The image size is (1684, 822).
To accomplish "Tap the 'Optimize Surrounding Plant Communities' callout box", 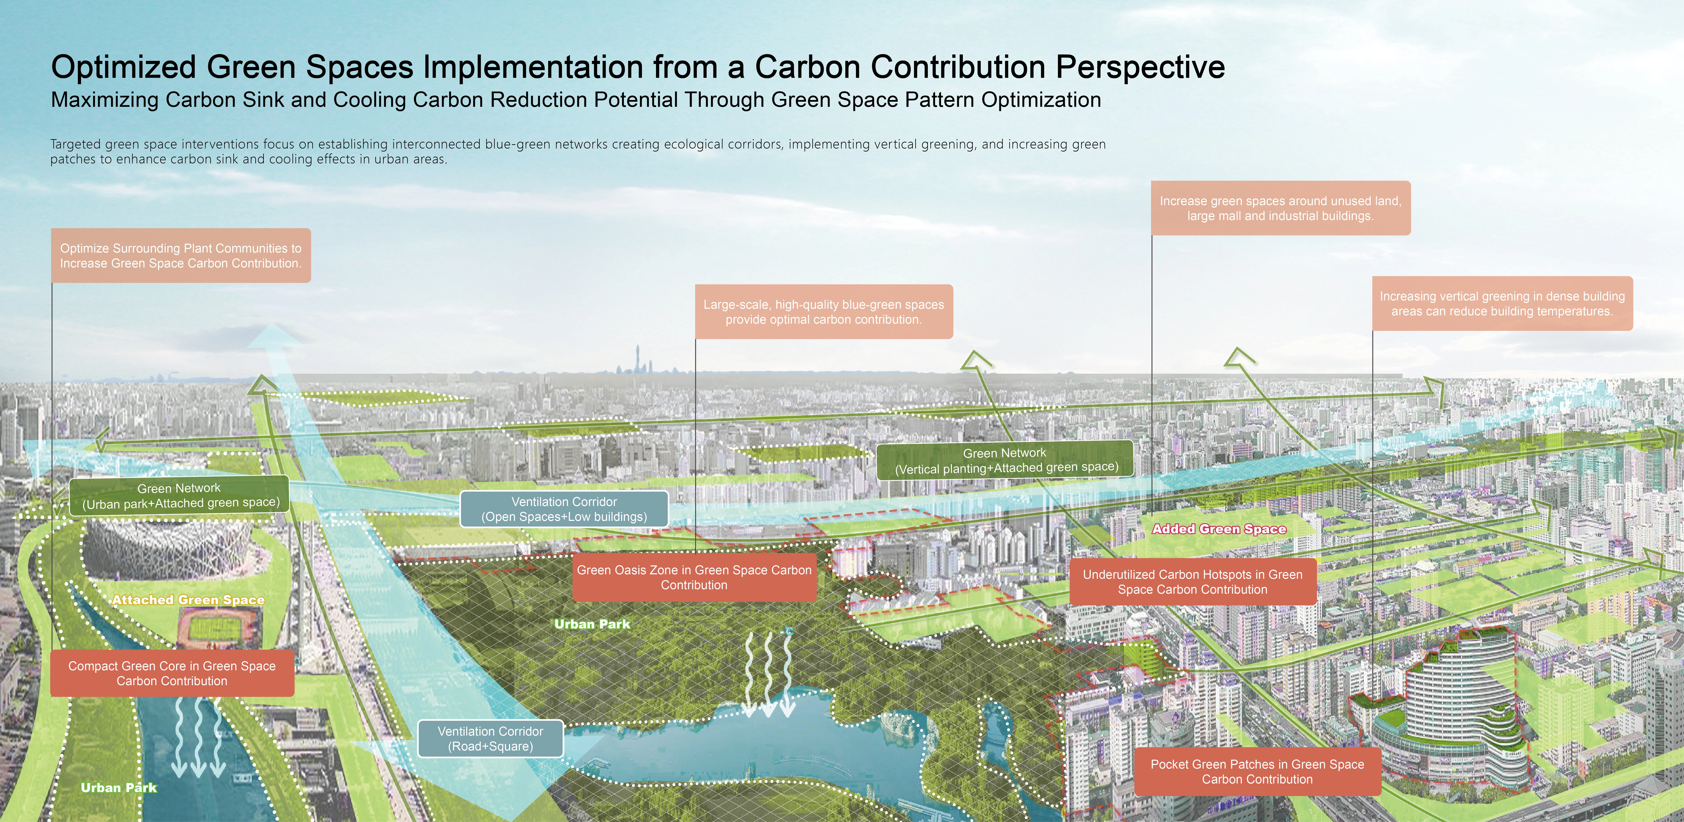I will pyautogui.click(x=180, y=256).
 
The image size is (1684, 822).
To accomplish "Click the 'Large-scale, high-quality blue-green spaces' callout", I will pyautogui.click(x=824, y=312).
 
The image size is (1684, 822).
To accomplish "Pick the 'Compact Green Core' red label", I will pyautogui.click(x=172, y=673).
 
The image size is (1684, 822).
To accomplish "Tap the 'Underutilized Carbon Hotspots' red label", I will pyautogui.click(x=1192, y=581).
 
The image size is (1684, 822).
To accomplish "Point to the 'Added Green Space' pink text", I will pyautogui.click(x=1219, y=529).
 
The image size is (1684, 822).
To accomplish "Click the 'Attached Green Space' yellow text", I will pyautogui.click(x=188, y=600).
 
